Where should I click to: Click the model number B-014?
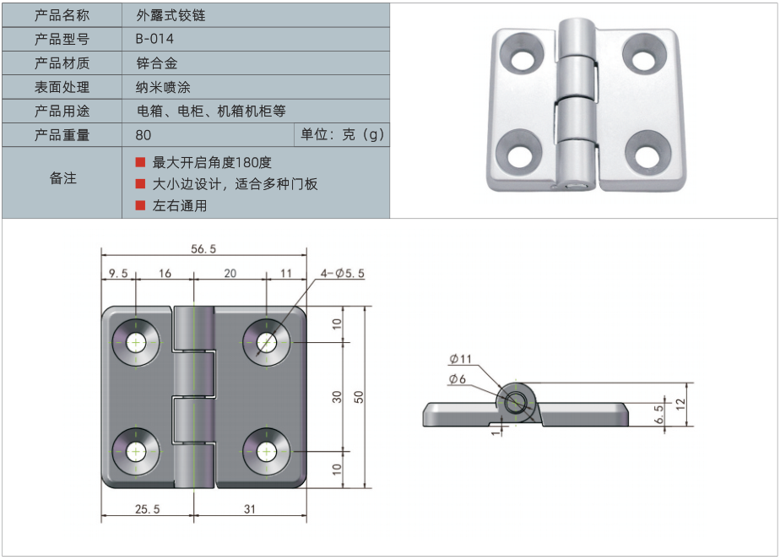point(154,39)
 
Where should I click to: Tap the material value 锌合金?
point(156,63)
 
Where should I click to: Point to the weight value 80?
point(143,134)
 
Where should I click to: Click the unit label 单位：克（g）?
point(342,134)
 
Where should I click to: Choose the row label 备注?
point(63,178)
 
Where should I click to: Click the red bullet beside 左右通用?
point(140,205)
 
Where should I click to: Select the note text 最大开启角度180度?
point(212,162)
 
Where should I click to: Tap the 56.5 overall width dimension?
point(203,248)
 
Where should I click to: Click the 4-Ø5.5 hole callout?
point(342,273)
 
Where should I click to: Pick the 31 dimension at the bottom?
point(249,508)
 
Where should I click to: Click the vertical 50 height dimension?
point(358,397)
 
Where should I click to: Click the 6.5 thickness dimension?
point(660,414)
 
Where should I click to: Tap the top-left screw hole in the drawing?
point(135,341)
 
